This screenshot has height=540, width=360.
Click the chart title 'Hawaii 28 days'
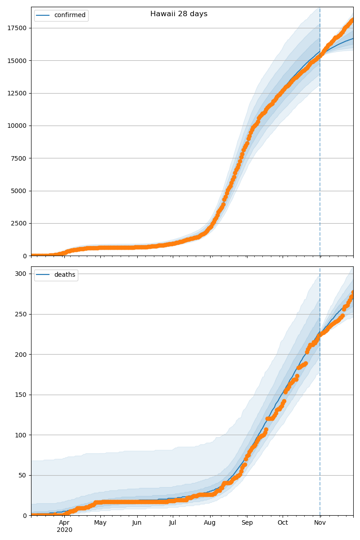179,14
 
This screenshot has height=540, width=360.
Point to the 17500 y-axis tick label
16,28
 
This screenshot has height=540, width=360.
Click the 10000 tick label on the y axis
16,126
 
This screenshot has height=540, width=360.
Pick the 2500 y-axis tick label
18,223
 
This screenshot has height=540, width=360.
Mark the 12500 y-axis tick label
16,93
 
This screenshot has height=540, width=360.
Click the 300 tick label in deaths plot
21,274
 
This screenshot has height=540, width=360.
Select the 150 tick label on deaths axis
21,395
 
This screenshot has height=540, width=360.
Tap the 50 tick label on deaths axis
23,475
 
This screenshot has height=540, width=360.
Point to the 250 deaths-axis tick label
21,314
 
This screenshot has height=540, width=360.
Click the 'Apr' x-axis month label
64,523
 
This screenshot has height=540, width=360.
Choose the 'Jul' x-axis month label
172,523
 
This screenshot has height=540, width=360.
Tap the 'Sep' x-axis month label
247,523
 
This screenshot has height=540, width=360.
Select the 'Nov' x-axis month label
320,523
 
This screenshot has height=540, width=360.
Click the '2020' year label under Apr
64,530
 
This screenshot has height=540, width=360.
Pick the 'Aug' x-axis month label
210,523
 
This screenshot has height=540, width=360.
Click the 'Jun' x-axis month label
137,523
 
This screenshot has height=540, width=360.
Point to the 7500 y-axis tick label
18,158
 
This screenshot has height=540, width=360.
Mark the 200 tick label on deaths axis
21,355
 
